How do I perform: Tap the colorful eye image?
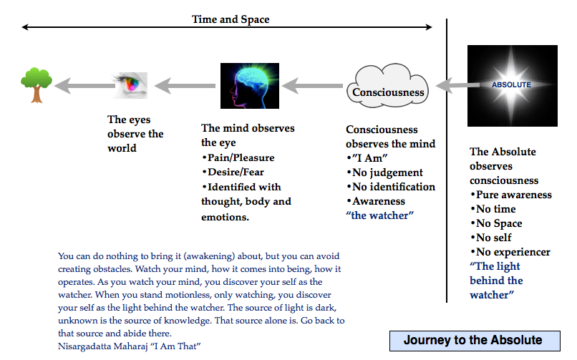click(132, 85)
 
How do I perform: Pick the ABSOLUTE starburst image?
click(511, 84)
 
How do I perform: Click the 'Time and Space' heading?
click(231, 19)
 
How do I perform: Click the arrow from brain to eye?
click(186, 86)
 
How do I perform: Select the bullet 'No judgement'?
click(387, 172)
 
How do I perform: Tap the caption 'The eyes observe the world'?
click(135, 134)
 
